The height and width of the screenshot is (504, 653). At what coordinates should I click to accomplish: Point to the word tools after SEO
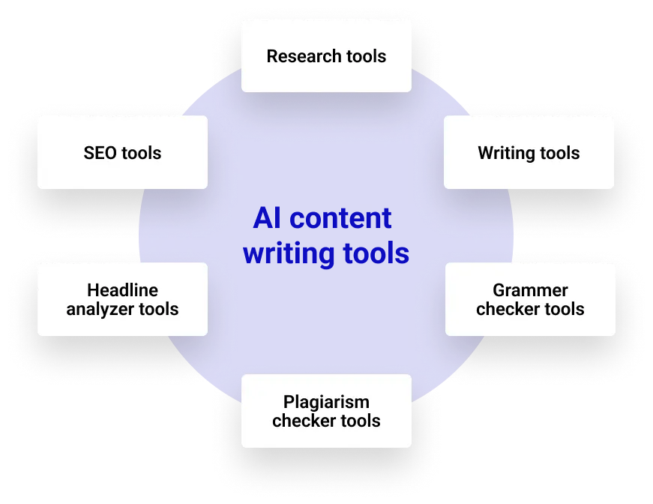pyautogui.click(x=142, y=153)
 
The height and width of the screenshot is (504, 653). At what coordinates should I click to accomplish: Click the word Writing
pyautogui.click(x=508, y=153)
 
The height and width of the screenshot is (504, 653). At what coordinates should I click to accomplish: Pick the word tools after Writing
pyautogui.click(x=560, y=153)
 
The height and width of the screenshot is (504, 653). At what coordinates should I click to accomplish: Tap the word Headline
pyautogui.click(x=122, y=290)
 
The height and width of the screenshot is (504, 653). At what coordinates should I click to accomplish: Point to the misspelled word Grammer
pyautogui.click(x=530, y=290)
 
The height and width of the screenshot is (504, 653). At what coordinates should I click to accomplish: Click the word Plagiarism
pyautogui.click(x=326, y=402)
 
